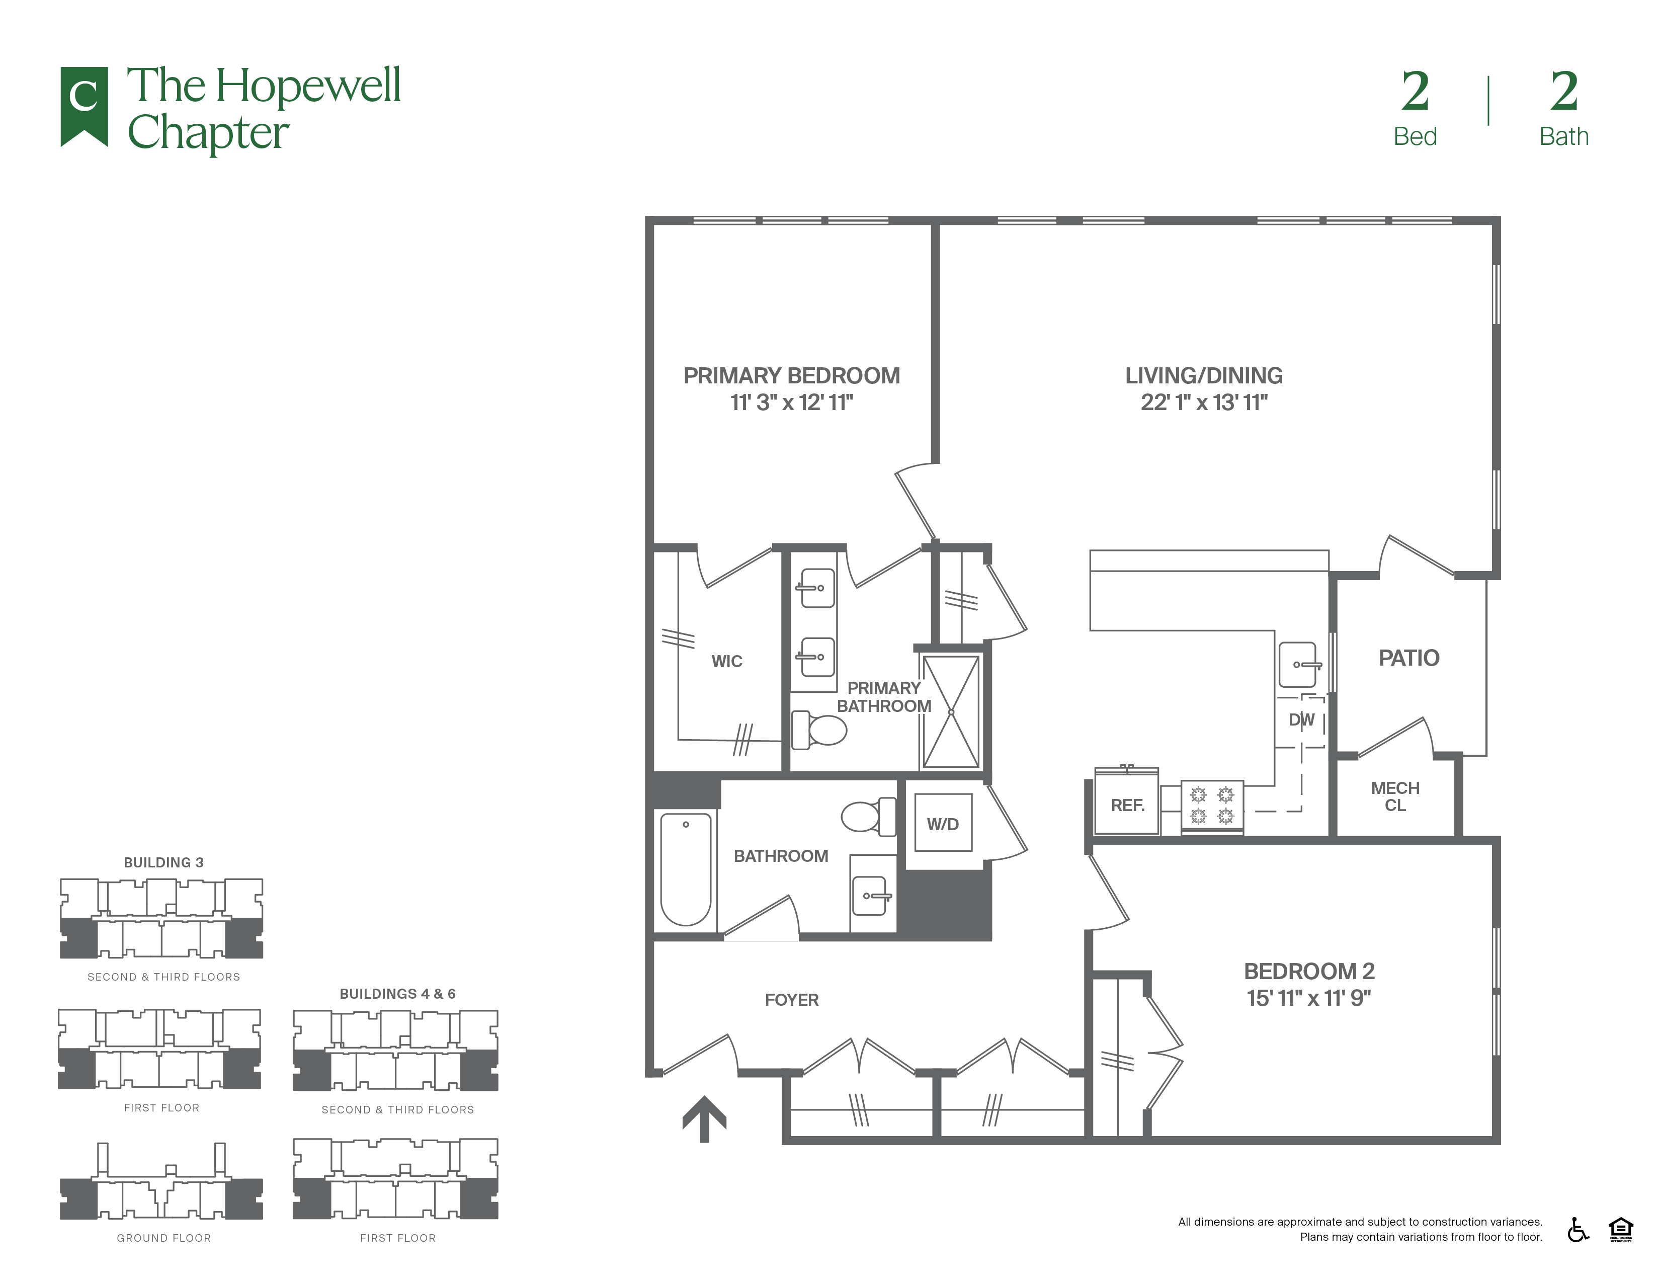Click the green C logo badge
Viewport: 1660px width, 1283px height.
click(x=84, y=105)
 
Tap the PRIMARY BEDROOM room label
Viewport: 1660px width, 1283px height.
click(x=791, y=375)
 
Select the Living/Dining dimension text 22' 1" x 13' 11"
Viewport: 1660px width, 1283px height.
click(x=1204, y=402)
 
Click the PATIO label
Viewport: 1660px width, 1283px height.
click(x=1408, y=658)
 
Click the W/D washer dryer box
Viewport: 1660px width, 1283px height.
click(x=943, y=823)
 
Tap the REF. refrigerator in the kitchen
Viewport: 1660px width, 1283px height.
click(x=1126, y=803)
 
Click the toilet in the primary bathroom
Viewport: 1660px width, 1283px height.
click(x=819, y=730)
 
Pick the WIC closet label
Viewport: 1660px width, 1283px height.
click(x=727, y=661)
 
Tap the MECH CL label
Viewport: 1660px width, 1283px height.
click(x=1395, y=796)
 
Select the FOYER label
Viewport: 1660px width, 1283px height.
click(x=791, y=1000)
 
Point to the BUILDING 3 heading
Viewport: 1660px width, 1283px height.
click(x=163, y=862)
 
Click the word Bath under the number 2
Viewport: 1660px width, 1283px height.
click(x=1563, y=136)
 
